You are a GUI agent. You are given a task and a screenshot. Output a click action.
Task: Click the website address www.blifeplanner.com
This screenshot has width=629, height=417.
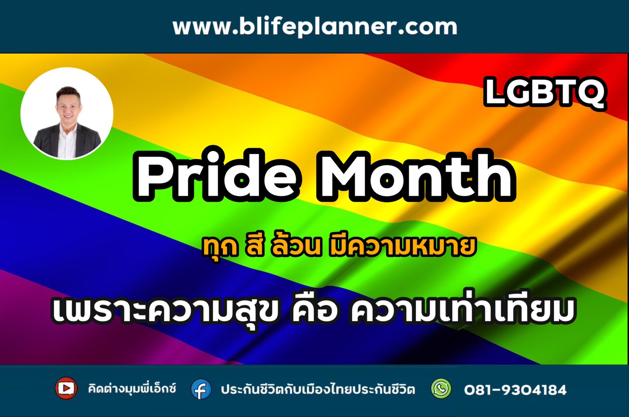tap(315, 27)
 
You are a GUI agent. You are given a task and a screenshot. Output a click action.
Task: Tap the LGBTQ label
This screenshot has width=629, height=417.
tap(545, 93)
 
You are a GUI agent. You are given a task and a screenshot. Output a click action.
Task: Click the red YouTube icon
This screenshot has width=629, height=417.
tap(66, 388)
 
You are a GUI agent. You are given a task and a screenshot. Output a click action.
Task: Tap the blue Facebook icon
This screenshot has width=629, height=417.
tap(201, 389)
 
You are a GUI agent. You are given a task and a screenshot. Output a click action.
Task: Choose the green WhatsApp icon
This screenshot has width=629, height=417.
tap(441, 389)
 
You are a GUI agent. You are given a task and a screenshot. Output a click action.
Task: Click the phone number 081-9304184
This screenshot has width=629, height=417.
tap(515, 390)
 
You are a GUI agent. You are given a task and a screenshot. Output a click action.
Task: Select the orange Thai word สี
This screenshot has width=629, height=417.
tap(255, 246)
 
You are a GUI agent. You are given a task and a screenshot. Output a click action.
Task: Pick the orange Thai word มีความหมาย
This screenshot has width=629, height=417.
tap(403, 246)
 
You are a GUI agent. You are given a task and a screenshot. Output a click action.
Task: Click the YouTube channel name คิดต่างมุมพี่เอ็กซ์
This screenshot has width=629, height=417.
tap(132, 389)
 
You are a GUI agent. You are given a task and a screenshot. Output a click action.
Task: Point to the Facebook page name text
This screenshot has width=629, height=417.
tap(318, 389)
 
